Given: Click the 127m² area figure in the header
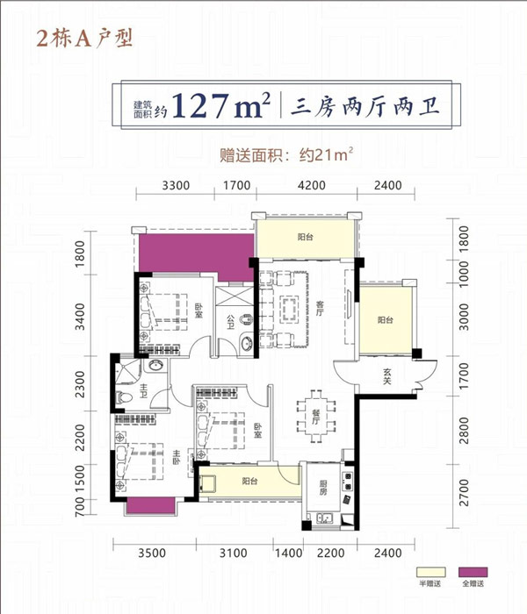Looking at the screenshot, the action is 221,105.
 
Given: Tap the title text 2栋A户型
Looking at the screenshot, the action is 84,39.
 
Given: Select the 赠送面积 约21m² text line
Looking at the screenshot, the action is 286,154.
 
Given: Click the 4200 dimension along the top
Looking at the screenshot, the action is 311,185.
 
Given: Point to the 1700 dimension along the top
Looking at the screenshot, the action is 236,185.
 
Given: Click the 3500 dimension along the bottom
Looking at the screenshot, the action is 152,553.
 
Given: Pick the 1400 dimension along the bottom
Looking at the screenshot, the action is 288,553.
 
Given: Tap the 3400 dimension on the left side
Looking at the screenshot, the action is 80,317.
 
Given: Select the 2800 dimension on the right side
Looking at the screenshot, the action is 464,431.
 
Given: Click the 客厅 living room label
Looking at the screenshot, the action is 320,308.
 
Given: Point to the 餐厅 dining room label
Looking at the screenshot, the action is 315,417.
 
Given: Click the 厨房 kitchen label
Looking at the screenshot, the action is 322,488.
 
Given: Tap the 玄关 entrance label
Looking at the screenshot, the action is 387,376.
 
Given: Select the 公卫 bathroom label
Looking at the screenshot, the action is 230,322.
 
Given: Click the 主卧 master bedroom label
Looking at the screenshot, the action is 176,457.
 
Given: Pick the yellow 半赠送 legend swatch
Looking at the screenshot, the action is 431,572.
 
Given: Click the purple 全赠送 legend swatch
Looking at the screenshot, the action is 473,572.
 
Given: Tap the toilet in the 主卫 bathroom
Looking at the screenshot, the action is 125,398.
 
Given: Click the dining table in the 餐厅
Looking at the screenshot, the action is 316,417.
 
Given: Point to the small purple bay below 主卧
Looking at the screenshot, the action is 150,504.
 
